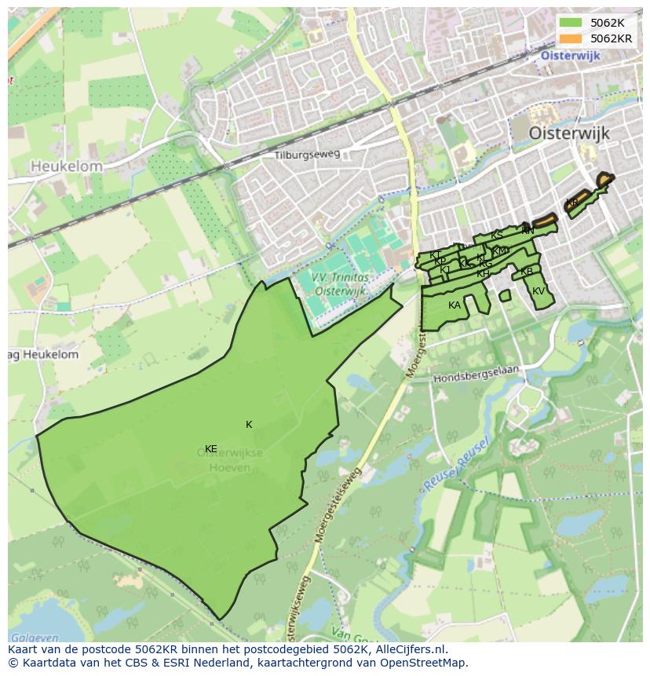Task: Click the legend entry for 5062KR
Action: (x=611, y=38)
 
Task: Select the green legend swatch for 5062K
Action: (x=571, y=23)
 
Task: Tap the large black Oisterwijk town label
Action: (x=569, y=133)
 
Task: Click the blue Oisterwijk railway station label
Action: (x=570, y=56)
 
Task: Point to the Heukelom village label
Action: (x=67, y=166)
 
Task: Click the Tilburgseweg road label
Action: (x=307, y=155)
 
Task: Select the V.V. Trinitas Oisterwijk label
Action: (x=339, y=284)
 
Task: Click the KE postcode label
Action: (x=210, y=449)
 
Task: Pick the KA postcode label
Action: (x=455, y=305)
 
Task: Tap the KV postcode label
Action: (x=539, y=291)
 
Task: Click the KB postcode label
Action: (x=527, y=272)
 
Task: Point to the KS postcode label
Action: (x=496, y=236)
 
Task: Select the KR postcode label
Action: (x=572, y=203)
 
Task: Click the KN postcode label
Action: (x=528, y=231)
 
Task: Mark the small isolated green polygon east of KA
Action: (x=505, y=296)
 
